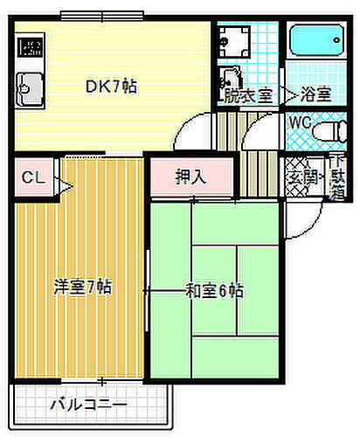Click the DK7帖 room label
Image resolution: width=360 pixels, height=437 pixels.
click(111, 87)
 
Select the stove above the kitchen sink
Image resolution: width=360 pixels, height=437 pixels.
click(31, 48)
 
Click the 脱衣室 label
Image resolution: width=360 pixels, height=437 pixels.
click(247, 96)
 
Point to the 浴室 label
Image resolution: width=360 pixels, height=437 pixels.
click(313, 96)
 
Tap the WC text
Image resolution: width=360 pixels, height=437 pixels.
click(300, 123)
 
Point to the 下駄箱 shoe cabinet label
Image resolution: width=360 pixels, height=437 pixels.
click(336, 177)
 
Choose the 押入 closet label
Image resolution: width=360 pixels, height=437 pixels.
click(191, 177)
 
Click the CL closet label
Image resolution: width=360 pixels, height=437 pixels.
click(32, 178)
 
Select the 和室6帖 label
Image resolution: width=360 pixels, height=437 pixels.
click(214, 290)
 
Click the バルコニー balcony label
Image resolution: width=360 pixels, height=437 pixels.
click(87, 406)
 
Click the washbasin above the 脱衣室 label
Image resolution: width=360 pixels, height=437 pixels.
click(232, 77)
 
